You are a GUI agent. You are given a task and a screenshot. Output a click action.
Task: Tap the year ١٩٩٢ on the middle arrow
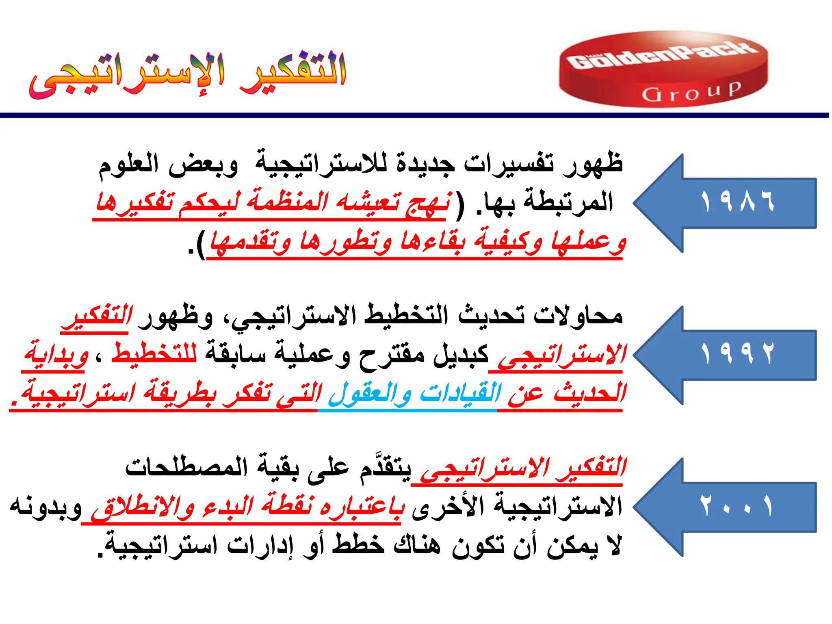pos(737,353)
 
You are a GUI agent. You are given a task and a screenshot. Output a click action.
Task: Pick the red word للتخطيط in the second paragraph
pos(154,353)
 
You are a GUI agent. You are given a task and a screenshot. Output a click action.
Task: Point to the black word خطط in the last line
pos(358,545)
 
